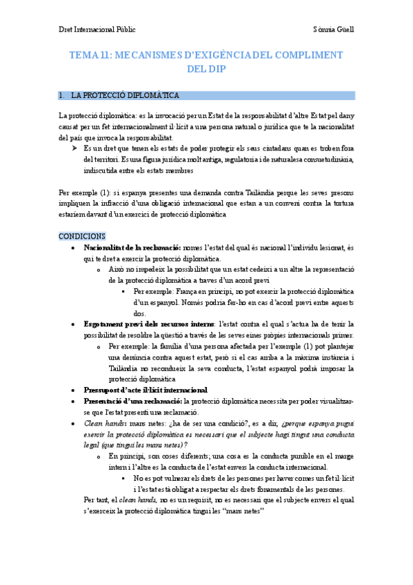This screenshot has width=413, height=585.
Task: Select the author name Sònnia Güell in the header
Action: click(332, 30)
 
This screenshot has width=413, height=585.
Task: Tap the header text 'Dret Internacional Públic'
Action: click(97, 30)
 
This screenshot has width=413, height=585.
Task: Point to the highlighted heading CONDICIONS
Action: click(82, 235)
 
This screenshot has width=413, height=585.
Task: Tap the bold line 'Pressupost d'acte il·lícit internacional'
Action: click(145, 390)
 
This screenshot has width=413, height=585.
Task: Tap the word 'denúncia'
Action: click(127, 357)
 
